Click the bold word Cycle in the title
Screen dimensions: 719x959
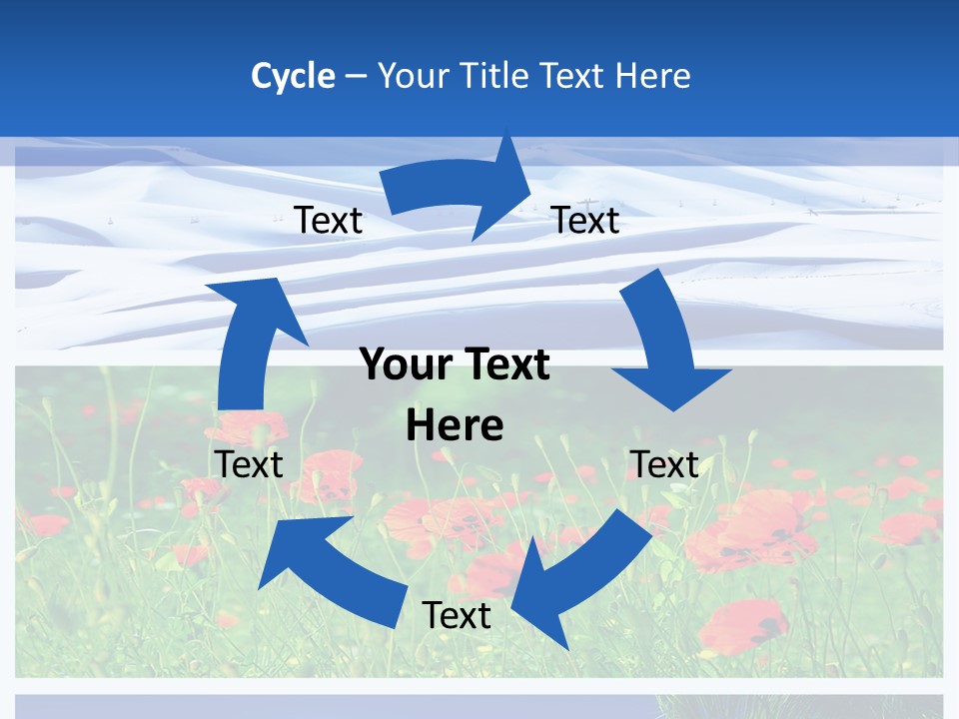click(x=293, y=76)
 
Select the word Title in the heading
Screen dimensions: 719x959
click(x=498, y=76)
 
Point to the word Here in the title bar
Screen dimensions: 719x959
click(x=652, y=76)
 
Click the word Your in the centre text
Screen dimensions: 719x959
click(x=397, y=365)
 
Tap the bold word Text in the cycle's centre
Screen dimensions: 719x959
click(x=505, y=365)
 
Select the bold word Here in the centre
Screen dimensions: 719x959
click(x=455, y=425)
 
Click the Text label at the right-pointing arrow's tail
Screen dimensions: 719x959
click(x=328, y=221)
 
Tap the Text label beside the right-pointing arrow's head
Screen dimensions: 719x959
click(x=585, y=221)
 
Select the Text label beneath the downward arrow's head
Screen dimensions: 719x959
click(x=664, y=464)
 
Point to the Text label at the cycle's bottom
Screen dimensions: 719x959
click(x=457, y=615)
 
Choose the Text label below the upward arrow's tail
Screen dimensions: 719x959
click(x=249, y=464)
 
